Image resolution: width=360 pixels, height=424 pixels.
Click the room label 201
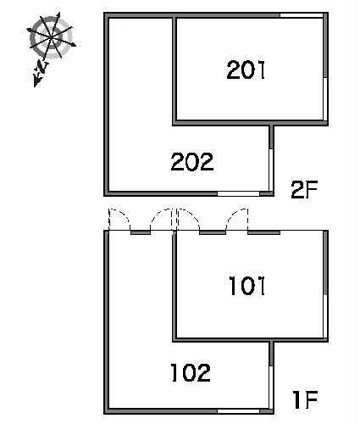(x=246, y=70)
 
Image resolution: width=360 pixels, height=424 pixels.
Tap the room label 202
(x=192, y=161)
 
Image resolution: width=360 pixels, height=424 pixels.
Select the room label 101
(x=246, y=286)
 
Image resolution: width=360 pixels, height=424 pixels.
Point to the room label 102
(x=191, y=372)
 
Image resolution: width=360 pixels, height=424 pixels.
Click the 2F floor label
(x=304, y=189)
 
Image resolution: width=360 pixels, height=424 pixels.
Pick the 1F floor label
(x=305, y=399)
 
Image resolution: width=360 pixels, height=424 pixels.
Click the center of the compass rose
(x=51, y=37)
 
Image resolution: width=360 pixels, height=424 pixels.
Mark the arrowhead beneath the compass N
(x=37, y=81)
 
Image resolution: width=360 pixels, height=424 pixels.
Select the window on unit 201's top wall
(x=302, y=15)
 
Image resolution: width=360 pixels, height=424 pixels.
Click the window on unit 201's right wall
(x=325, y=98)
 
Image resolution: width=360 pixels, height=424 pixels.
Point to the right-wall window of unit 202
(x=271, y=170)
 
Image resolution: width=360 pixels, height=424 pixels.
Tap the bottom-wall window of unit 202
(x=238, y=193)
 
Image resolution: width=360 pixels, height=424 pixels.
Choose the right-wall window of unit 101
(x=325, y=316)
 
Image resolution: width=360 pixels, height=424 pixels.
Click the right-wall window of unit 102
(x=271, y=387)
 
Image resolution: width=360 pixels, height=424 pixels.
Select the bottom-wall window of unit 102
(x=238, y=411)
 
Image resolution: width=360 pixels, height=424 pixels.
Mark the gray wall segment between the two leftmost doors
(x=141, y=232)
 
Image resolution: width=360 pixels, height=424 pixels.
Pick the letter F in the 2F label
(x=312, y=189)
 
